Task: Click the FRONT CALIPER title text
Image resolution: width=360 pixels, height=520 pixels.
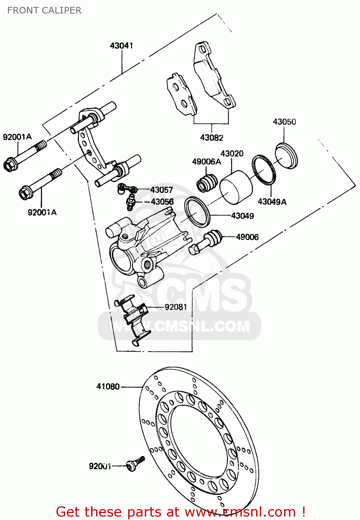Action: pos(44,10)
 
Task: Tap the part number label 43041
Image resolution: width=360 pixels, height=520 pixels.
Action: pos(121,45)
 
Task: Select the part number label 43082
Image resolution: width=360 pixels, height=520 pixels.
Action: pos(211,138)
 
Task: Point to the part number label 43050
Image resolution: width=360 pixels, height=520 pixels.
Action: pos(284,122)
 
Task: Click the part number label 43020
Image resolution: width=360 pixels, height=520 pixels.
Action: pos(232,153)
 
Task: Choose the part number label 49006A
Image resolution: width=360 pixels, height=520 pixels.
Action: pos(207,162)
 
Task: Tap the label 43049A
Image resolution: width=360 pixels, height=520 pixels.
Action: pos(272,202)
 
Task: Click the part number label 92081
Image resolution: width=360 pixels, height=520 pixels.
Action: pos(176,307)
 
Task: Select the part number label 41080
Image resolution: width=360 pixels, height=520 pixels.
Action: pos(108,386)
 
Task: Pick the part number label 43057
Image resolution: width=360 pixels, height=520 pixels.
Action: pos(161,190)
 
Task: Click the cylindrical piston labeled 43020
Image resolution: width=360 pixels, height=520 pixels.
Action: pos(237,187)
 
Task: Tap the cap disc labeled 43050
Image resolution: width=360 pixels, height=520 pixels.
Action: pos(287,156)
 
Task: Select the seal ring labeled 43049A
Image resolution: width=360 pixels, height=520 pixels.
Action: pos(264,169)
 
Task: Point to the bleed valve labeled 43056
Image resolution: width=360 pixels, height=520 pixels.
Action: pos(130,202)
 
